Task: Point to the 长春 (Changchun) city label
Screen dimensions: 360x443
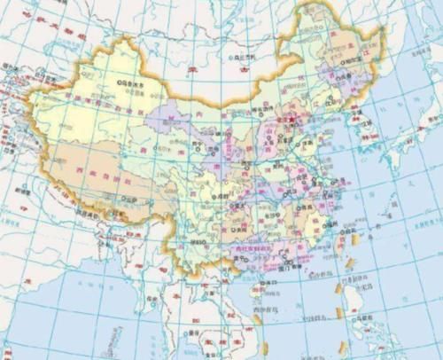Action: (x=339, y=89)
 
